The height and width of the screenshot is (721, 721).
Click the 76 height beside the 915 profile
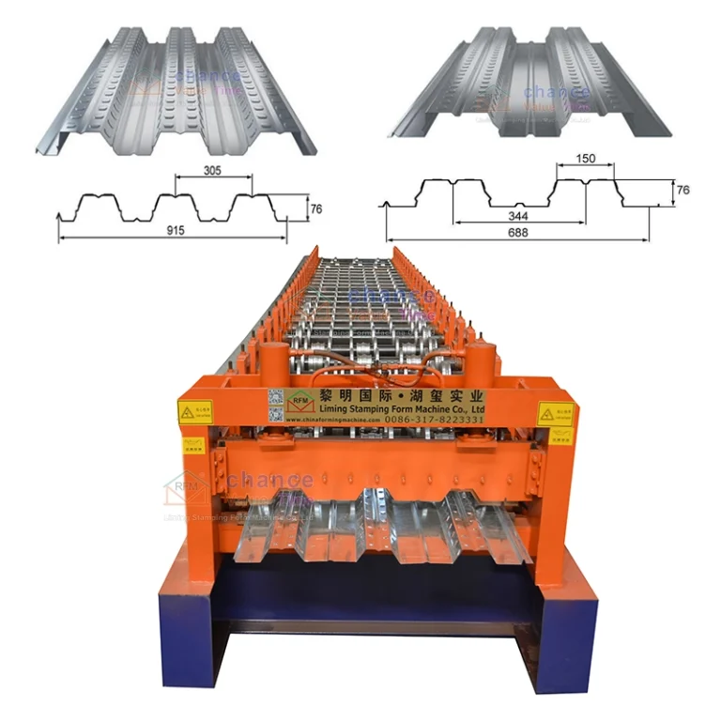tap(316, 209)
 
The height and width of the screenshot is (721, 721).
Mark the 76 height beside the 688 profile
tap(683, 190)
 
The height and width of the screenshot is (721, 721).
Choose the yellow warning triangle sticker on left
tap(193, 410)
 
